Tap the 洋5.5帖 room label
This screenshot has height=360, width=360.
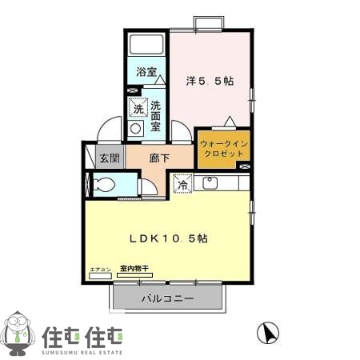(x=210, y=81)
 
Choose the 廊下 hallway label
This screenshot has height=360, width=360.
(x=159, y=158)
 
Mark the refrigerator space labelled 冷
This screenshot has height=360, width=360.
(x=182, y=184)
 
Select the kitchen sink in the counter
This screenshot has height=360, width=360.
(x=210, y=183)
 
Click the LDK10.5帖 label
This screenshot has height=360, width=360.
(x=170, y=238)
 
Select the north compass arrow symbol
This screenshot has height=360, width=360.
(x=266, y=331)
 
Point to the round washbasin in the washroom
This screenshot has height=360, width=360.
(x=136, y=128)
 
